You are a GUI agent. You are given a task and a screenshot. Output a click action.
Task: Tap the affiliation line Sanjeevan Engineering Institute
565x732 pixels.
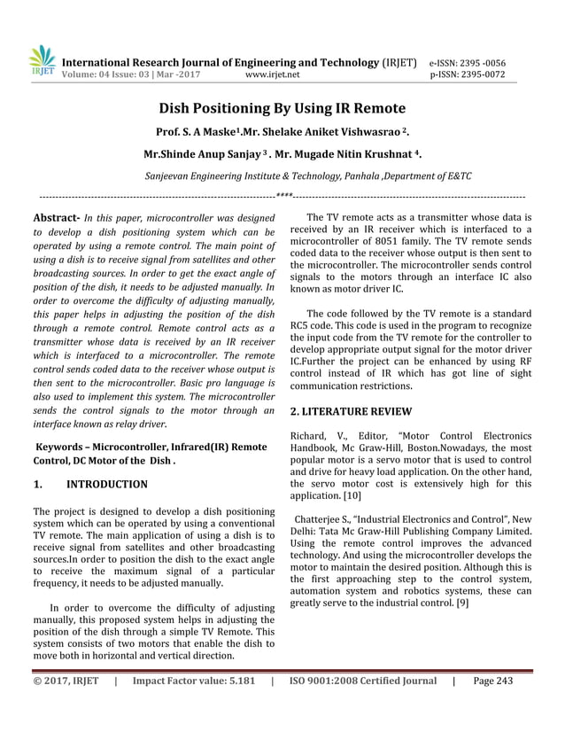307,175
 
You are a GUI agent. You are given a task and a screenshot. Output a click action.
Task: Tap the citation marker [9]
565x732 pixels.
461,603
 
